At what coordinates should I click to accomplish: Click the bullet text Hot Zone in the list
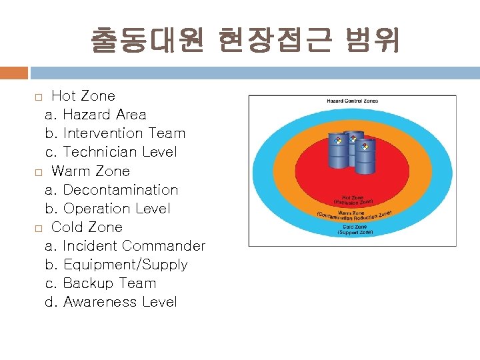[x=83, y=96]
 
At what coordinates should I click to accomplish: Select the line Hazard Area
[x=96, y=115]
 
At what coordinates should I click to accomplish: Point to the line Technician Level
[x=111, y=152]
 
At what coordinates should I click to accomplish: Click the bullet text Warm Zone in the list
[x=91, y=171]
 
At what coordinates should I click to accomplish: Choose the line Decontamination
[x=112, y=190]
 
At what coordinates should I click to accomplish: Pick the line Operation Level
[x=108, y=209]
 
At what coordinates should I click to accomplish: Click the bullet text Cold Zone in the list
[x=87, y=227]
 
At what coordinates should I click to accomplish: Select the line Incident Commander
[x=125, y=246]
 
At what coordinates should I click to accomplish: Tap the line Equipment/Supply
[x=117, y=265]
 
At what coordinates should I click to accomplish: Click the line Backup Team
[x=101, y=283]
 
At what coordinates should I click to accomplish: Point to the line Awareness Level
[x=111, y=302]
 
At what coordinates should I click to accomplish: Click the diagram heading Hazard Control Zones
[x=352, y=101]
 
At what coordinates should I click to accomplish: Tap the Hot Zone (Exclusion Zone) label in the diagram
[x=353, y=199]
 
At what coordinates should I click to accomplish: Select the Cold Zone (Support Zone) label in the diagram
[x=355, y=229]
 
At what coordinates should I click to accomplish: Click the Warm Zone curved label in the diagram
[x=353, y=214]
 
